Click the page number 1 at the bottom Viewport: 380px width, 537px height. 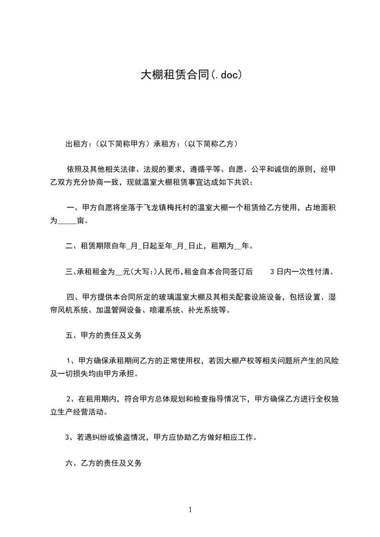point(190,510)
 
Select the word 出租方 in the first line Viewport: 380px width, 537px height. point(76,144)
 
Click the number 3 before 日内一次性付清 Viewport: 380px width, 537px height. point(272,272)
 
